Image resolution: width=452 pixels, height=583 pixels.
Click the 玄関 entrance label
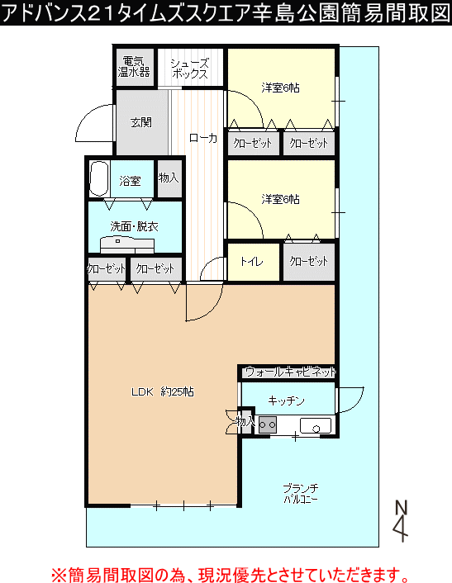coord(141,122)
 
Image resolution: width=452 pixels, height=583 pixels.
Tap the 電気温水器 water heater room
coord(134,67)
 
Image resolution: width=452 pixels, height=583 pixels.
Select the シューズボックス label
coord(190,69)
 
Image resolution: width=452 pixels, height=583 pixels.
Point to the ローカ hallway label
coord(203,138)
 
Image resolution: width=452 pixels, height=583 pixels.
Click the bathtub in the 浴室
coord(99,178)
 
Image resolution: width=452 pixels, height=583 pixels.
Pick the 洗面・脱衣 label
coord(135,226)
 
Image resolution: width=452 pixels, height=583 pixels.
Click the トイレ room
coord(254,262)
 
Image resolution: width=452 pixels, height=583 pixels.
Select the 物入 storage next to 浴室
coord(169,178)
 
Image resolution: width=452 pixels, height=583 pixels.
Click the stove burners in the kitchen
coord(268,424)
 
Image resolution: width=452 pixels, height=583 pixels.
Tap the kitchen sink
coord(316,425)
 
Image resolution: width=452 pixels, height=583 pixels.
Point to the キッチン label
coord(286,401)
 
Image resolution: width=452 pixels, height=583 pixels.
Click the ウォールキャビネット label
coord(291,372)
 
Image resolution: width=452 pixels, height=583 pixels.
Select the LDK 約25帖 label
coord(163,391)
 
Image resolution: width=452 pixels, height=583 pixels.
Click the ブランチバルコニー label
coord(301,493)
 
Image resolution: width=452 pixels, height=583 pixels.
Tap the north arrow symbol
coord(401,521)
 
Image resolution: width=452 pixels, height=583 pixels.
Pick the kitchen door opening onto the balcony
coord(350,401)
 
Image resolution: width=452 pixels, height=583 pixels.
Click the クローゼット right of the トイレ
coord(309,262)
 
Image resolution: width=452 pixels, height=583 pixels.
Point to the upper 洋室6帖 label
coord(280,88)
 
